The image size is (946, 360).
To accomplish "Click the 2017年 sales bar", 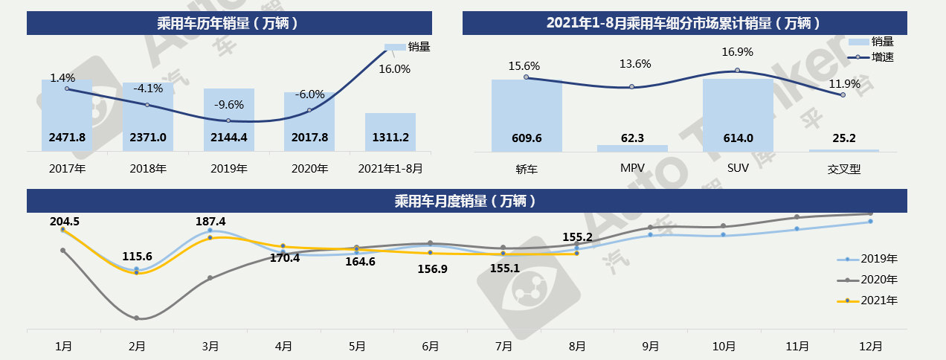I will pos(67,115).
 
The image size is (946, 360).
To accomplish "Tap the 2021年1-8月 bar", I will pos(390,132).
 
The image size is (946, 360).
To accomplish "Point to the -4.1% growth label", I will pos(148,88).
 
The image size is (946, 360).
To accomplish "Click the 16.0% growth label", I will pos(394,69).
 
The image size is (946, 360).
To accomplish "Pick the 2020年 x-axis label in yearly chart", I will pos(309,169).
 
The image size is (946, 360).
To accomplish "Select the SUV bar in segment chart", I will pos(738,115).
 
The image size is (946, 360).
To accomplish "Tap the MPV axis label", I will pos(632,169).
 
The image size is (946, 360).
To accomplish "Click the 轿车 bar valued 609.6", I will pos(527,116).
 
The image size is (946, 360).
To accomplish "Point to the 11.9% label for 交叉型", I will pos(844,84).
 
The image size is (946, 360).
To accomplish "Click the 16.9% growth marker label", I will pos(737,52).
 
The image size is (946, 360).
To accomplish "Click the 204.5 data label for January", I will pos(65,221).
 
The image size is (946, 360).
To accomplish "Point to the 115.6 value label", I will pos(138,257).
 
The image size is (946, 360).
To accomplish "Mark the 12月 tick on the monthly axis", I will pos(870,346).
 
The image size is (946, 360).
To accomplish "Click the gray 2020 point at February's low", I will pos(137,318).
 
